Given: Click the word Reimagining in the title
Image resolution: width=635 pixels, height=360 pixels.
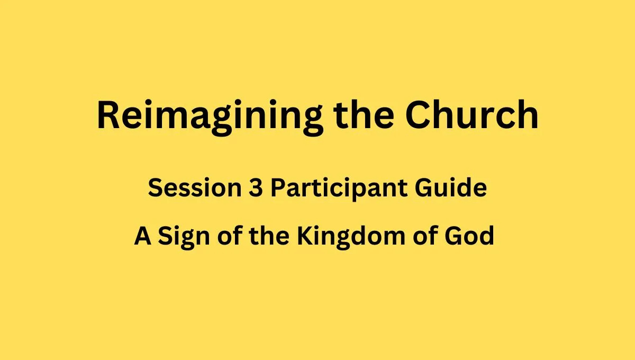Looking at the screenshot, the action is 210,118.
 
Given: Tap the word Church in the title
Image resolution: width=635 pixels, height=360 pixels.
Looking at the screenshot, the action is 471,114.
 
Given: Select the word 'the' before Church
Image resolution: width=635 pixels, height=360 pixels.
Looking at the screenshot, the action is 364,114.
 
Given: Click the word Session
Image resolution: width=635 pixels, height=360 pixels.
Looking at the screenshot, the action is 195,187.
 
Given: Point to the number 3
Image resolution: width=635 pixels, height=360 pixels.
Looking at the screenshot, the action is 256,187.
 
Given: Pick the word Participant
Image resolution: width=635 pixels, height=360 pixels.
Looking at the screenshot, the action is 339,189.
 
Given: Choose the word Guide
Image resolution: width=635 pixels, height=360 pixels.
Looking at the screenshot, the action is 451,187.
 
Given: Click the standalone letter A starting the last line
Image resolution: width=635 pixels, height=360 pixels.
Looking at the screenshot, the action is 142,236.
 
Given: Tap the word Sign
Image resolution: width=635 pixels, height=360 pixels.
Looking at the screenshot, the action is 184,238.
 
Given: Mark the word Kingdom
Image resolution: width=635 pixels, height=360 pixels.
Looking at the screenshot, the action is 351,238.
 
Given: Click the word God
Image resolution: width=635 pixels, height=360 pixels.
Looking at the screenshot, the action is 469,236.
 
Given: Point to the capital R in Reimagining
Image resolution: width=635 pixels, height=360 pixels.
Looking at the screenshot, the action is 108,114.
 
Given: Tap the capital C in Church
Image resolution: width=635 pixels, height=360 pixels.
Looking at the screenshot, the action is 418,114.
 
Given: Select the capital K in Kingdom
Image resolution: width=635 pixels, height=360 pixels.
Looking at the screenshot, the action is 306,236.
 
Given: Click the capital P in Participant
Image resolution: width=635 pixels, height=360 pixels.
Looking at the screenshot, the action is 278,187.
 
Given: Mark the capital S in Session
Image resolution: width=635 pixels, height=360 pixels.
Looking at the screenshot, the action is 156,187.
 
